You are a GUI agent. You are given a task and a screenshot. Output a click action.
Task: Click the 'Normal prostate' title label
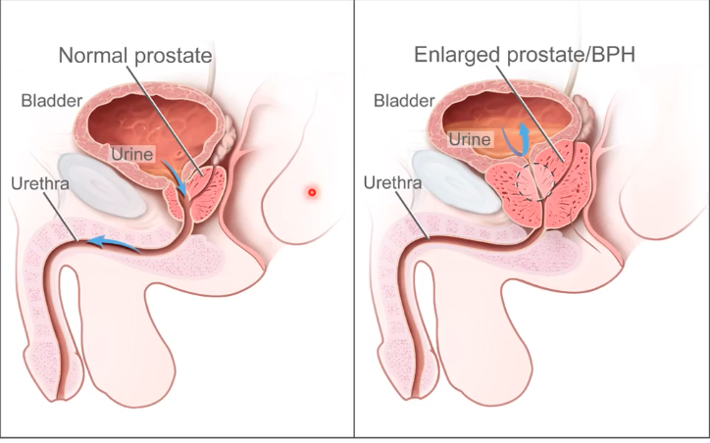[x=135, y=55]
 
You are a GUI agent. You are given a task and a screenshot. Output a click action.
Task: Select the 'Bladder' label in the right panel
[x=404, y=99]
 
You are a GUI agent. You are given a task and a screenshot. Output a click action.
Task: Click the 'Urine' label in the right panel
[x=469, y=140]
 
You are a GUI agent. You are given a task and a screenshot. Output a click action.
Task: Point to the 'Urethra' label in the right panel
[x=390, y=182]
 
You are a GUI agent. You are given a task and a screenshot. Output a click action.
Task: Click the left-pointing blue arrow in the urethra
[x=110, y=241]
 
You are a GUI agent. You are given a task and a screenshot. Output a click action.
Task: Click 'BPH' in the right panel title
[x=616, y=55]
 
